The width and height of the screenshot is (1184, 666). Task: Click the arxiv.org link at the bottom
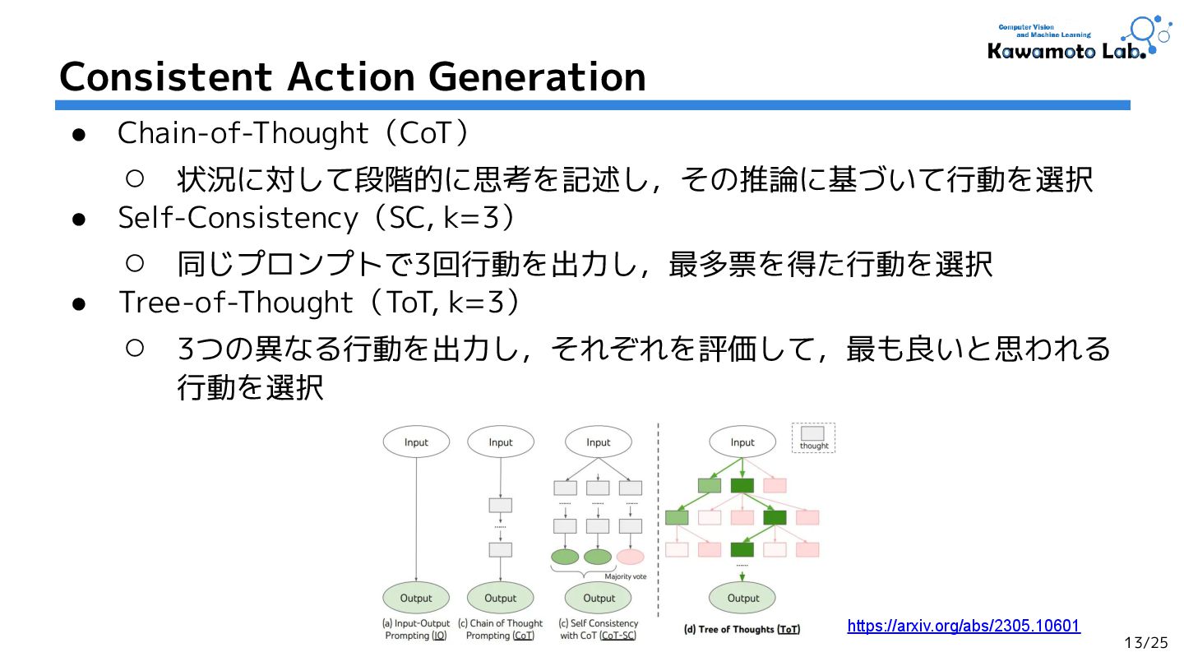(x=963, y=627)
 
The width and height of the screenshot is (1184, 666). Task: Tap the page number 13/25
(x=1146, y=642)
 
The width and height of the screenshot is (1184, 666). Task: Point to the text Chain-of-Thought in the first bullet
(x=243, y=132)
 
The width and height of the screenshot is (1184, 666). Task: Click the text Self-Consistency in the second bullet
(x=238, y=218)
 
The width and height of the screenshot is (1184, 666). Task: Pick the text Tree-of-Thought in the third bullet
(x=236, y=303)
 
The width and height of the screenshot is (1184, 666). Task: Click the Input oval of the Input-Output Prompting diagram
(x=416, y=442)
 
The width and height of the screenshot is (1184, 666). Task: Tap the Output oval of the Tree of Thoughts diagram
(x=743, y=599)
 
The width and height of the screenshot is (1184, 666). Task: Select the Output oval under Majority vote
(x=599, y=599)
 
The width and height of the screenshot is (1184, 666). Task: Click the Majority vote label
(x=625, y=576)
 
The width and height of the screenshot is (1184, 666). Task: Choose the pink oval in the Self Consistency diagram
(x=631, y=557)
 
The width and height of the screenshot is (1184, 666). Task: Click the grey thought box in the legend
(x=812, y=433)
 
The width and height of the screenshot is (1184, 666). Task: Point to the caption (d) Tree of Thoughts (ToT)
(x=742, y=630)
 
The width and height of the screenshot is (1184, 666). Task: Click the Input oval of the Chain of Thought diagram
(x=500, y=442)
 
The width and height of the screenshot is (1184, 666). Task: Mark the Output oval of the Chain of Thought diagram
(x=500, y=599)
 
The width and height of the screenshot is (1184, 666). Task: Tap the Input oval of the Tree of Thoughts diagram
(x=742, y=442)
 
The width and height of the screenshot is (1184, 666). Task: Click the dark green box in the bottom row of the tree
(x=742, y=549)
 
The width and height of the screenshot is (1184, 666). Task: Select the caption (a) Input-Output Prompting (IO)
(x=416, y=630)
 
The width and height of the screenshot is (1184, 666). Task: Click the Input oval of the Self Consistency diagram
(x=599, y=442)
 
